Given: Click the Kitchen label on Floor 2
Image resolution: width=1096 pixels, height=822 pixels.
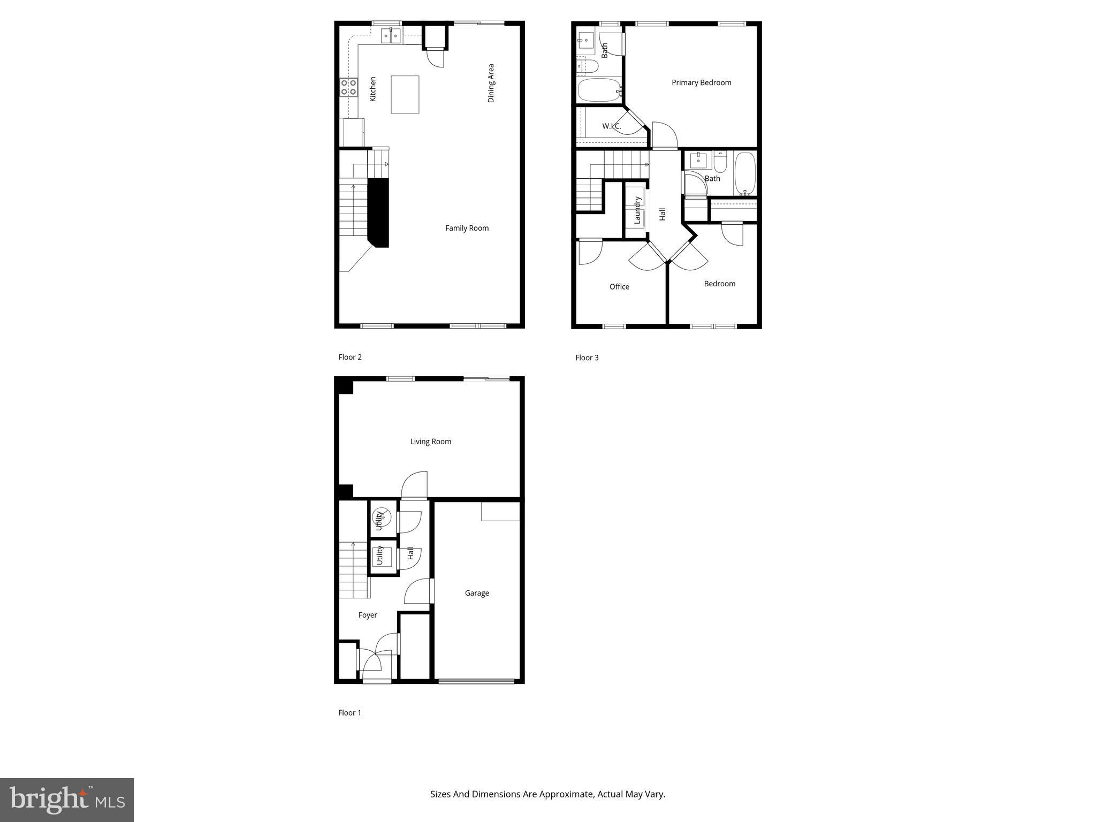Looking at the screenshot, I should click(373, 89).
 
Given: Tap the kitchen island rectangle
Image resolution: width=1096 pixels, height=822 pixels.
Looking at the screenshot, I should click(405, 95).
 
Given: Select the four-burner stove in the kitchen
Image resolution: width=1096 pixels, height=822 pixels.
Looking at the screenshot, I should click(348, 87).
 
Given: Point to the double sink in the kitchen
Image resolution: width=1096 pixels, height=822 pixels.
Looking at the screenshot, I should click(391, 36).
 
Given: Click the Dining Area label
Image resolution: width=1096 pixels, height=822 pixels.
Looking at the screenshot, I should click(491, 83).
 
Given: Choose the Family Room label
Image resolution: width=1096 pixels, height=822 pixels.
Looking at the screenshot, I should click(467, 228).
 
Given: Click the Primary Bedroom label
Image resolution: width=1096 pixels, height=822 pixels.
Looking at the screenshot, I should click(701, 82).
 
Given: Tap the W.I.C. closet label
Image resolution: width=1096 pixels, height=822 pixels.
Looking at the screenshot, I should click(611, 126).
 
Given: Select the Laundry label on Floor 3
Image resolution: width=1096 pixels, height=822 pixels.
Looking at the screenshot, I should click(637, 210).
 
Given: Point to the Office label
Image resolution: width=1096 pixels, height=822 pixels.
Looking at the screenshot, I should click(619, 287).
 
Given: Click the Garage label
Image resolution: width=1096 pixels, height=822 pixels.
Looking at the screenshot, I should click(477, 593).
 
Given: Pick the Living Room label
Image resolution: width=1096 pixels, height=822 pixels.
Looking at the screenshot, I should click(430, 442).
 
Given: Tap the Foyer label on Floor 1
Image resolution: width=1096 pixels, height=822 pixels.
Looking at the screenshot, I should click(368, 615).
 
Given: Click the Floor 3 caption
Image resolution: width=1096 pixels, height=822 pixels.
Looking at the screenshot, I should click(587, 357).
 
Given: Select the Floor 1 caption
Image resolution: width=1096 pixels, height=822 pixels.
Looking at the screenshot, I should click(349, 713).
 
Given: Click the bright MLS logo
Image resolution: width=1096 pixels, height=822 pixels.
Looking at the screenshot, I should click(67, 800).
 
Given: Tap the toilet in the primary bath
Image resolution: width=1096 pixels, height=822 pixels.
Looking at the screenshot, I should click(588, 66).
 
